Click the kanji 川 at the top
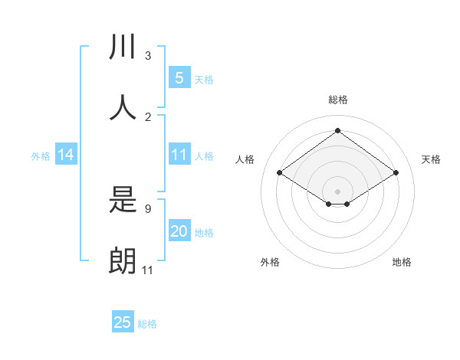click(123, 47)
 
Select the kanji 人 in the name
click(123, 108)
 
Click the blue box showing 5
click(179, 78)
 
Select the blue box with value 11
click(179, 155)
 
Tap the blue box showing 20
click(179, 231)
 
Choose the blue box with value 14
click(66, 155)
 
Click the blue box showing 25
click(123, 322)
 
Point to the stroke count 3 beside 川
click(148, 56)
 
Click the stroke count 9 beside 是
click(148, 208)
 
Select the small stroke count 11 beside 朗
click(148, 270)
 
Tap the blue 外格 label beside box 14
click(41, 155)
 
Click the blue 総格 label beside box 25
click(147, 324)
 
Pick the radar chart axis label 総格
click(337, 100)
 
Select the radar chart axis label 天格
click(431, 159)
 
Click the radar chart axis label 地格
click(402, 262)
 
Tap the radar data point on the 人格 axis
click(280, 173)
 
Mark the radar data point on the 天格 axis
click(396, 173)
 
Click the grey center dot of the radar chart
click(337, 191)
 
